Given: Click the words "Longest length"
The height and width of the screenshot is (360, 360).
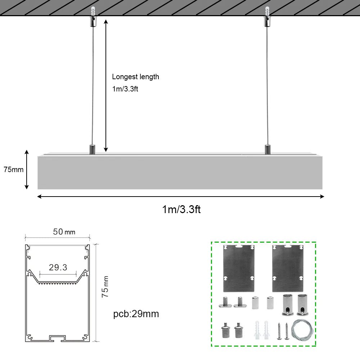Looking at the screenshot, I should tap(135, 77).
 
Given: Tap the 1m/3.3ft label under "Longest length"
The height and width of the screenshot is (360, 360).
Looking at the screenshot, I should tap(125, 89).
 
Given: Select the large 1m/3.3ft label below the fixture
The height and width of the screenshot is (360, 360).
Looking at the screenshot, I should tap(181, 209).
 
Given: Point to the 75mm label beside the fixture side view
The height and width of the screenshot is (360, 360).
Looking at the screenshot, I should tap(13, 170).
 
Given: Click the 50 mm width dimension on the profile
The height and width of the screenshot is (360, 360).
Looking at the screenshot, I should tap(64, 232).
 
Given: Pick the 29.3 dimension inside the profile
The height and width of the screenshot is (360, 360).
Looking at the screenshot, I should tap(58, 267).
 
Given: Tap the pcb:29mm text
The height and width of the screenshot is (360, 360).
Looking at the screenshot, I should tap(136, 314).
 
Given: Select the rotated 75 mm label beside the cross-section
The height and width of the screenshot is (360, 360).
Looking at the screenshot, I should tap(105, 287).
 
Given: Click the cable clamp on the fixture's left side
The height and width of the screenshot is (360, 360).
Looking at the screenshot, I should tap(93, 149).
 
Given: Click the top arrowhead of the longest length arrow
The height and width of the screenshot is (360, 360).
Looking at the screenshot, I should tap(106, 22).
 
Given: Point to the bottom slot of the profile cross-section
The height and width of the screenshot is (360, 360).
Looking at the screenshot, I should tap(58, 338).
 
